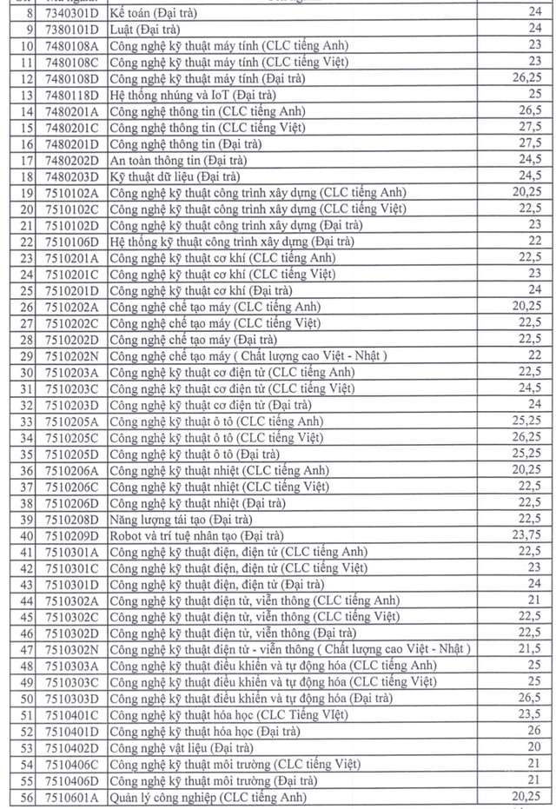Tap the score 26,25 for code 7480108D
527,78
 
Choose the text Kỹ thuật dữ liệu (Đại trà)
170,176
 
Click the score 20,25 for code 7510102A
527,191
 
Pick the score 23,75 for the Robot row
527,535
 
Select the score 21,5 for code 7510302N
532,649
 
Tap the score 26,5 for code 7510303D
532,698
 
